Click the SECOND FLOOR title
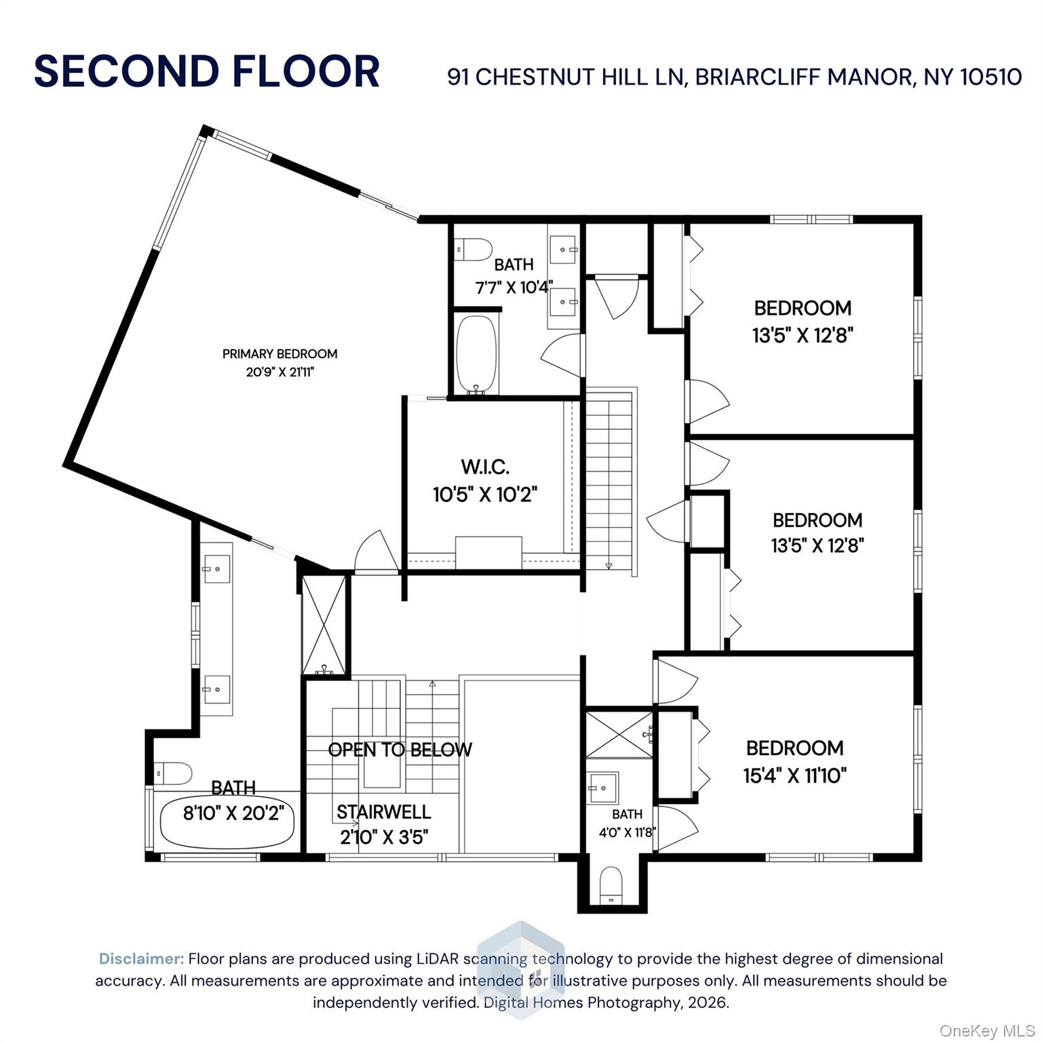pos(207,72)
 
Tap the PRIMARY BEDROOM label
pos(279,353)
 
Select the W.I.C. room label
pos(485,467)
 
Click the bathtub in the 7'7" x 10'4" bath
pos(477,355)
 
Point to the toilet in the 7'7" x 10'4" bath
pos(472,250)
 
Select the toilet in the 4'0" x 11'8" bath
pos(611,885)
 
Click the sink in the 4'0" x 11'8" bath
pos(602,788)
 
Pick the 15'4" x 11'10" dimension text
pos(795,775)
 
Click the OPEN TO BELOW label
pos(400,750)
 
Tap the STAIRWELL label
pos(383,812)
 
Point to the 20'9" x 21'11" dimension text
pos(280,372)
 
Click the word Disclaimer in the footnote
pos(141,959)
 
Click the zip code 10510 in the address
pos(991,77)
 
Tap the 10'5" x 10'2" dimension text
pos(485,495)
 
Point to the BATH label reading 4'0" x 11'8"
pos(627,814)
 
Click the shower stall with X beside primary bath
pos(324,624)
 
